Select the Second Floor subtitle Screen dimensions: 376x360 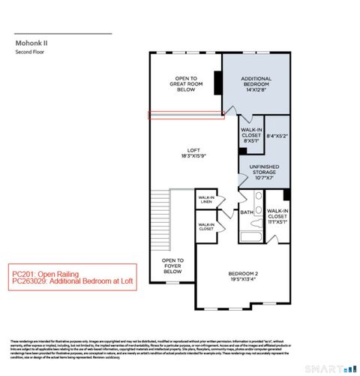click(30, 54)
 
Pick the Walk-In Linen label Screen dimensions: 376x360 click(206, 200)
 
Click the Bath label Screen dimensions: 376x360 click(247, 212)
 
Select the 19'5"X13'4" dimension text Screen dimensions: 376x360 click(244, 279)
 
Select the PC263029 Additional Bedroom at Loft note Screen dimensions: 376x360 click(69, 283)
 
